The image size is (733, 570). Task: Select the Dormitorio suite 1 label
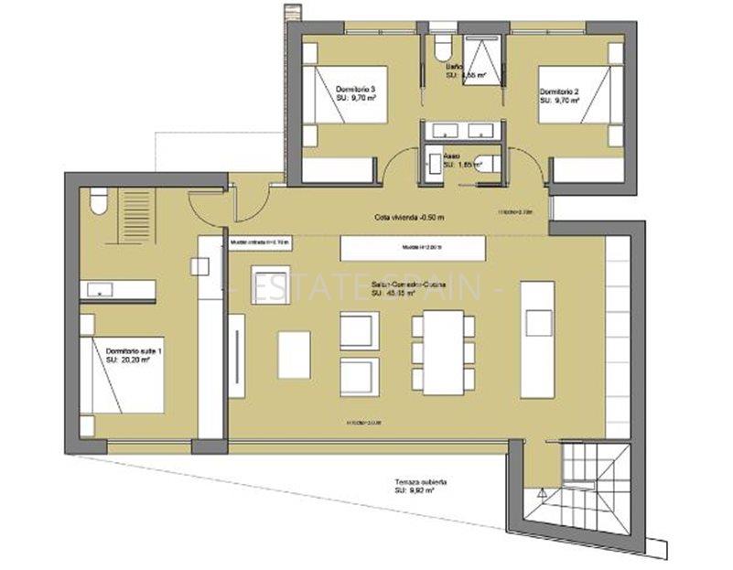135,356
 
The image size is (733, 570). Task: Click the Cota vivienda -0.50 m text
409,217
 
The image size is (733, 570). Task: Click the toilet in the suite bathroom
98,200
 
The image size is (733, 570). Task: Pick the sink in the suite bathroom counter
97,291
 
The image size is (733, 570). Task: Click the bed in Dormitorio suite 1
124,375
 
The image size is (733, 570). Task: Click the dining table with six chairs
444,352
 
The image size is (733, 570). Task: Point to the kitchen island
537,339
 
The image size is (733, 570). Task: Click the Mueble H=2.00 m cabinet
412,248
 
